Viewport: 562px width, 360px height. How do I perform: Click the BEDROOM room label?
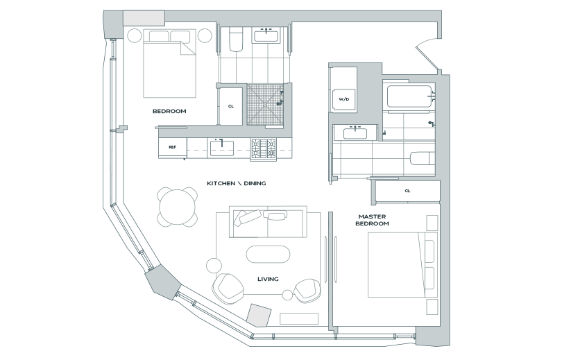click(x=169, y=111)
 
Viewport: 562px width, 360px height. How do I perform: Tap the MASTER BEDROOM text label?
click(x=372, y=220)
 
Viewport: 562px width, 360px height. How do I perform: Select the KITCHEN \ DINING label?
click(x=237, y=183)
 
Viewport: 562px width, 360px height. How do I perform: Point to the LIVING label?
click(x=268, y=279)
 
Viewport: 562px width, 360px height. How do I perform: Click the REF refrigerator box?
click(x=172, y=147)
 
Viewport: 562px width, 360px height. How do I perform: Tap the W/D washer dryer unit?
click(x=343, y=99)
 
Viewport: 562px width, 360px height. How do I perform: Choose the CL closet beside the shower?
click(x=230, y=105)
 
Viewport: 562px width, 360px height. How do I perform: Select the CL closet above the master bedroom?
click(x=407, y=191)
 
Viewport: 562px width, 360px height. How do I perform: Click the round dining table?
click(x=176, y=207)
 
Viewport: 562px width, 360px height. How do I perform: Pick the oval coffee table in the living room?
click(x=269, y=254)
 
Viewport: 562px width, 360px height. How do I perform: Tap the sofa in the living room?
click(x=262, y=221)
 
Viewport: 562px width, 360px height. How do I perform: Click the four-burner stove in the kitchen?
click(x=264, y=148)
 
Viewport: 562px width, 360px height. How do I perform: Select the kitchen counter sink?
click(x=222, y=147)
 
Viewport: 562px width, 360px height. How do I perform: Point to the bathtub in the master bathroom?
click(x=408, y=96)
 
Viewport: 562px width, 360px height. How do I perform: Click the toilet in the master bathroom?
click(x=421, y=159)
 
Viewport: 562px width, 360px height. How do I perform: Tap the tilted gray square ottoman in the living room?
click(x=258, y=316)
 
